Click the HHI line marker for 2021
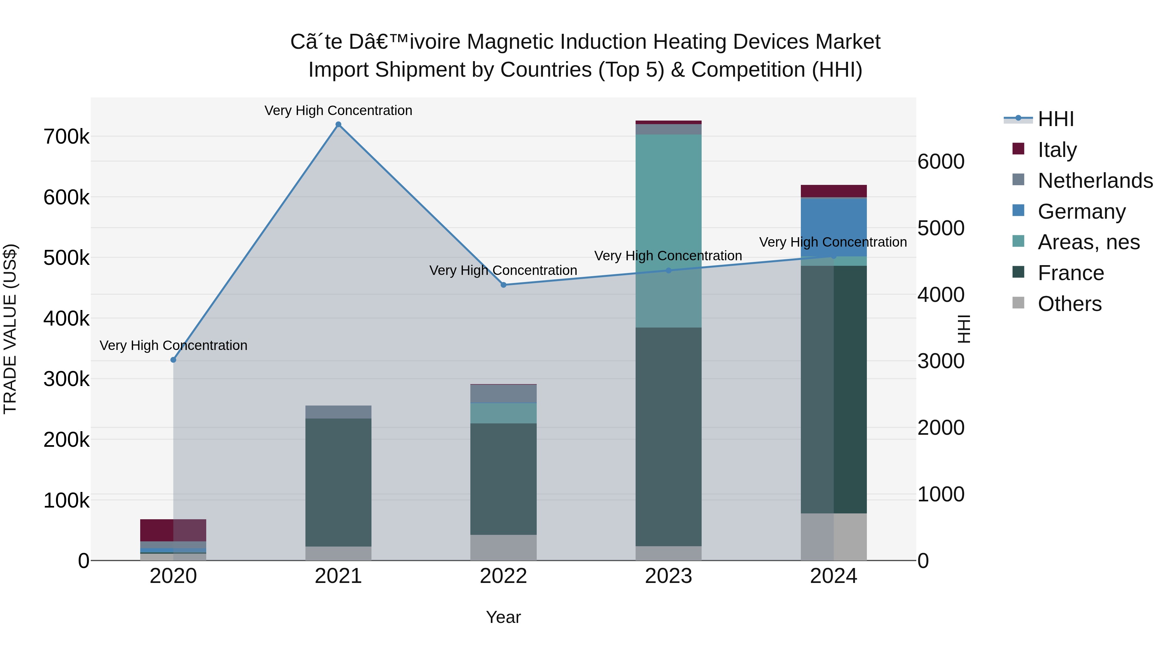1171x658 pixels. [338, 124]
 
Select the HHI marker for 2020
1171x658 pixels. [173, 360]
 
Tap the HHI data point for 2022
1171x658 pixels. [503, 285]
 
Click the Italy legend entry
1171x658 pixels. [1057, 149]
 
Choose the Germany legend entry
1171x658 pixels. [1081, 211]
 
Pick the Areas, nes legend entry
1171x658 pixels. [1088, 242]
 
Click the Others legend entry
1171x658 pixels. [1069, 304]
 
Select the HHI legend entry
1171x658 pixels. [1056, 119]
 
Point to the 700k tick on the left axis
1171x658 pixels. [66, 137]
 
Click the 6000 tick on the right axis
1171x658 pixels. [940, 162]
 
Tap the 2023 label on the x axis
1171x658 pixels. [668, 576]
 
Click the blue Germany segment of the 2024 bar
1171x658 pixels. [833, 227]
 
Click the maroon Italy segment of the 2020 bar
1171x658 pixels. [157, 530]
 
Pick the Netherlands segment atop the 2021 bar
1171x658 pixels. [338, 412]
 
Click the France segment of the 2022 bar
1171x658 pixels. [503, 479]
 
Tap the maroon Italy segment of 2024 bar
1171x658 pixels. [833, 191]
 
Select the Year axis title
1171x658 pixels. [503, 617]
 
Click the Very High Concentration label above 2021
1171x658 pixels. [338, 110]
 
